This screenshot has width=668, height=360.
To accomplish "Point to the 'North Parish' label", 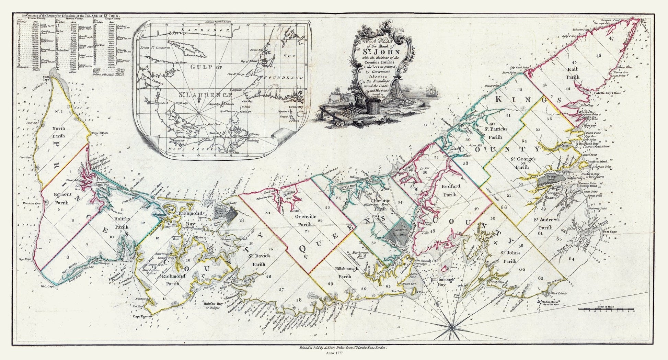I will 58,132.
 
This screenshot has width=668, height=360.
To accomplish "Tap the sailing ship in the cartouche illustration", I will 430,92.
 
